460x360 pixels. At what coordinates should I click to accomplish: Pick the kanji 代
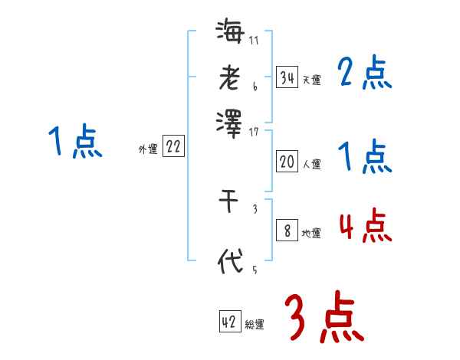pyautogui.click(x=230, y=261)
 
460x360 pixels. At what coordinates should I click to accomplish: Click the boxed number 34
pyautogui.click(x=287, y=78)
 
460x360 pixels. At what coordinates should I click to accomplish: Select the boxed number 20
pyautogui.click(x=287, y=162)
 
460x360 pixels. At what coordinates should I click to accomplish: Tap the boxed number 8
pyautogui.click(x=287, y=231)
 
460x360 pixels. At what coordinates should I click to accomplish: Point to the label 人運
pyautogui.click(x=311, y=164)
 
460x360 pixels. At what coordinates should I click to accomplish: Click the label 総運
pyautogui.click(x=255, y=325)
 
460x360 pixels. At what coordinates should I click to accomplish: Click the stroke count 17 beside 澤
pyautogui.click(x=254, y=133)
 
